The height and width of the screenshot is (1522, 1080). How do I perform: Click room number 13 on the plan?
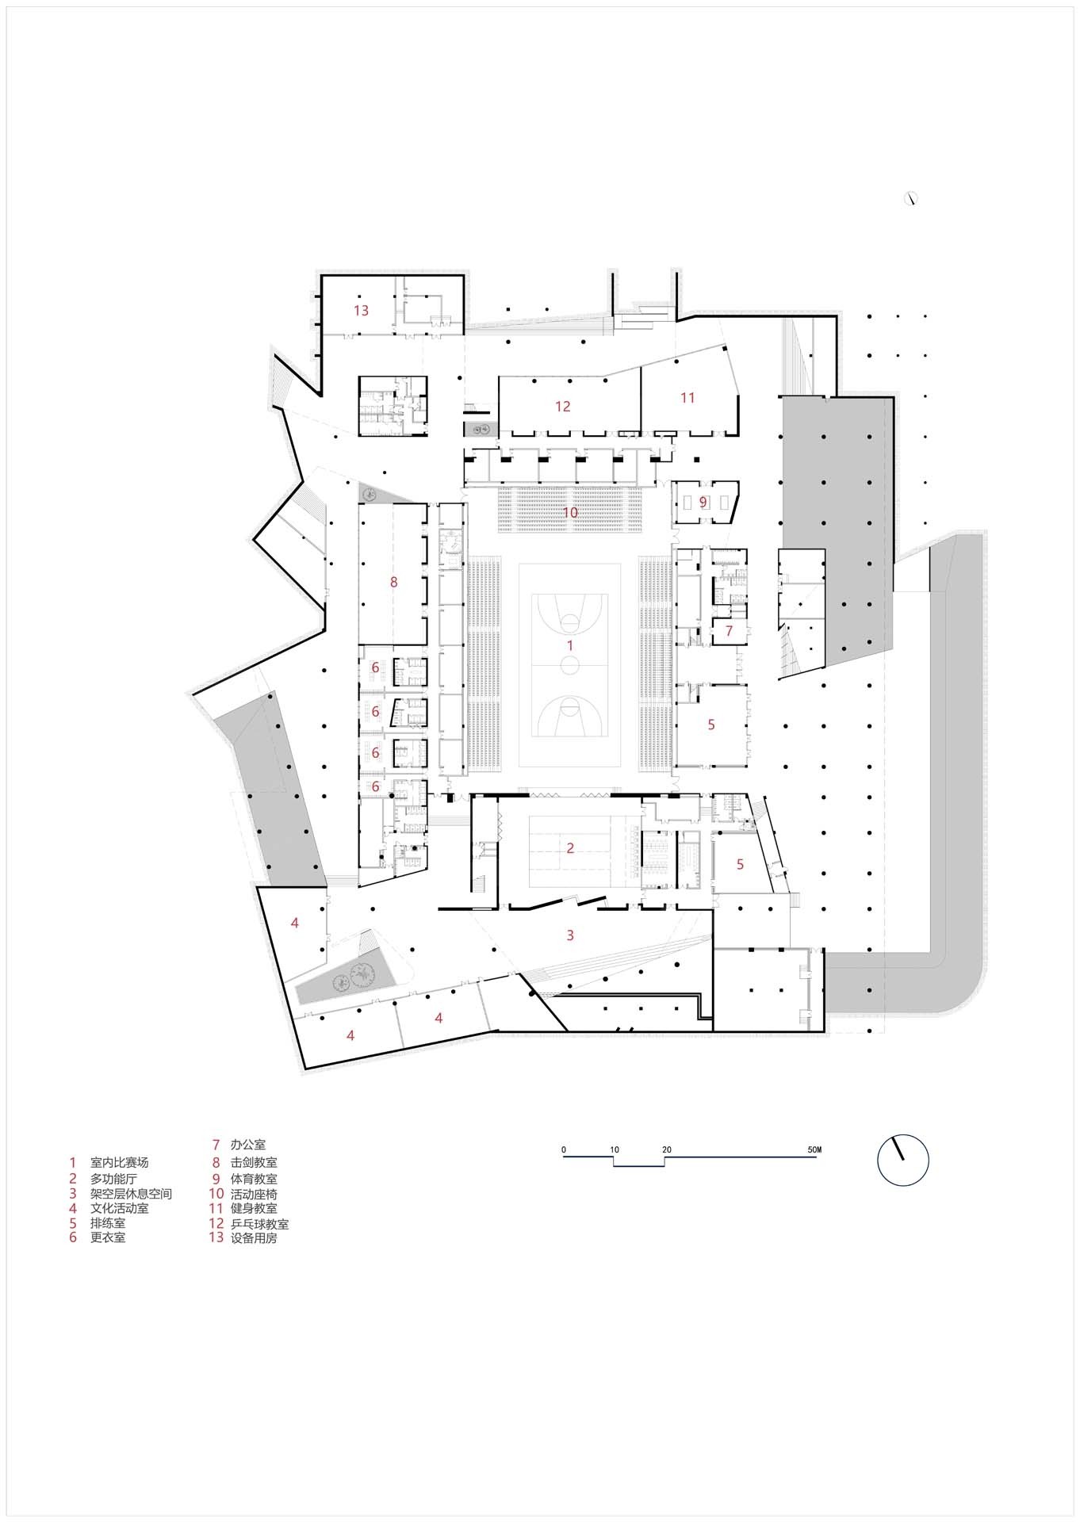click(x=361, y=310)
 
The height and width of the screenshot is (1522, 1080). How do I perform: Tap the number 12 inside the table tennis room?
click(x=562, y=406)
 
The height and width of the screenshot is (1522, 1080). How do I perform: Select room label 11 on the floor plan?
click(x=687, y=397)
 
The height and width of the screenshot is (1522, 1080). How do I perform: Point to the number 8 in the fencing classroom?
click(x=393, y=582)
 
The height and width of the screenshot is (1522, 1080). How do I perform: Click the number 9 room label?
click(x=703, y=503)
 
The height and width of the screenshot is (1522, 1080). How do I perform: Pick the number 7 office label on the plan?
click(x=729, y=631)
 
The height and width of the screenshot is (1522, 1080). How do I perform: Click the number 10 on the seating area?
click(x=570, y=512)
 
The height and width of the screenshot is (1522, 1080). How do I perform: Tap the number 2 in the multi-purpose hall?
click(x=570, y=847)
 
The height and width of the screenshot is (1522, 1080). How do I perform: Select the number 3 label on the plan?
click(x=570, y=935)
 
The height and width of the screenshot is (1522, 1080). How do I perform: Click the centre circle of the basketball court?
click(x=570, y=666)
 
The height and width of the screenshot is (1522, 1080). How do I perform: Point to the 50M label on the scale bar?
click(x=814, y=1149)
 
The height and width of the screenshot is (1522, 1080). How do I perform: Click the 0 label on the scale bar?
click(x=564, y=1149)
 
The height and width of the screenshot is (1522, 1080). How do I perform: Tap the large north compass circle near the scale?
click(x=902, y=1161)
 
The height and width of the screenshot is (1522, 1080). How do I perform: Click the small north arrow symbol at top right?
click(x=911, y=199)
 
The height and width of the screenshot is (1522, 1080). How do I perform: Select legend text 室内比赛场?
click(x=119, y=1163)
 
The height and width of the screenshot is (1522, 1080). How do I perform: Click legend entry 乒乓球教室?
click(x=259, y=1224)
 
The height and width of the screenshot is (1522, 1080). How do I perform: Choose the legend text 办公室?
click(x=247, y=1145)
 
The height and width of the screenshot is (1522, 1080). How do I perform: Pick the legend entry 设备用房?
click(x=254, y=1238)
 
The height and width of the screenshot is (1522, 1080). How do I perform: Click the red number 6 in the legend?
click(x=73, y=1237)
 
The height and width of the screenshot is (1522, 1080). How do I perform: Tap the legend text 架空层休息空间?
click(x=131, y=1194)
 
